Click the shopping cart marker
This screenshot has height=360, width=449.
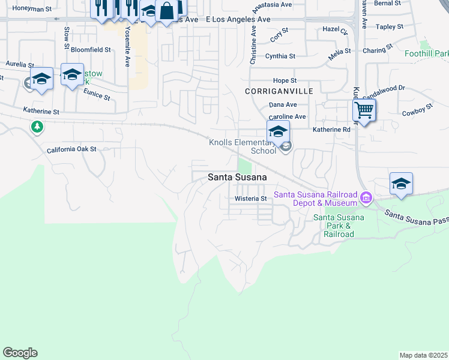pos(364,110)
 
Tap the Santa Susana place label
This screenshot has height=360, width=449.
pos(238,177)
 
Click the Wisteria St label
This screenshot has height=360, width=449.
pos(250,199)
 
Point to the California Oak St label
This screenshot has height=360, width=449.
pos(71,149)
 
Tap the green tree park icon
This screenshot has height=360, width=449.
pos(37,127)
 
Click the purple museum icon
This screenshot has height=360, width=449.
pos(365,197)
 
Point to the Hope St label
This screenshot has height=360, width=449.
pos(285,80)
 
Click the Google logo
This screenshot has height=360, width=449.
pos(20,353)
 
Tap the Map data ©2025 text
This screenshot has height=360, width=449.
pos(424,355)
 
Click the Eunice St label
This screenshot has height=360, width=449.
pos(97,94)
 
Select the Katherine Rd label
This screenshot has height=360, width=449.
pos(331,130)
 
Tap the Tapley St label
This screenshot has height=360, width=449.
pos(390,27)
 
